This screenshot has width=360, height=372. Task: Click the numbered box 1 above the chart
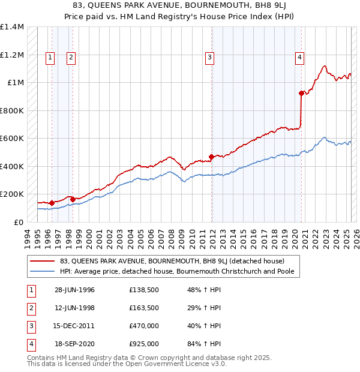49,58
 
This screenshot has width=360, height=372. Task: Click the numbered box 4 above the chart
299,58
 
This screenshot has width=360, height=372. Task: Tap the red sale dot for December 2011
211,157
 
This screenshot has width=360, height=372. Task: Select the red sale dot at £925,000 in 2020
301,93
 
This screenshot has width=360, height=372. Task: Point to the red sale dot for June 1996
52,203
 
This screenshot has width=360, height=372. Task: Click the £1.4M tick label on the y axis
12,27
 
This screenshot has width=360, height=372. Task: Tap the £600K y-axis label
12,139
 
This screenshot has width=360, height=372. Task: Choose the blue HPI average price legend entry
180,271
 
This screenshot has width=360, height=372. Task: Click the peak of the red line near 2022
324,66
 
